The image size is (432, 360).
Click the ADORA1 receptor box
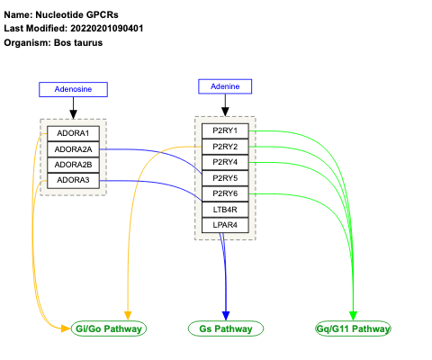click(x=72, y=133)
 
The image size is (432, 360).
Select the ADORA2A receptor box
click(x=72, y=148)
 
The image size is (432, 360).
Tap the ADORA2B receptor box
click(x=72, y=164)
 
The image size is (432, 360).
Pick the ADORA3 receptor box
click(x=72, y=180)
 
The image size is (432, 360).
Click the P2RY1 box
click(x=224, y=131)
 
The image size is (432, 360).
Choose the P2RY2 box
click(x=224, y=147)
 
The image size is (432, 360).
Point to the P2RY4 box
click(x=224, y=162)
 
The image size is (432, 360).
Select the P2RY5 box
click(x=224, y=178)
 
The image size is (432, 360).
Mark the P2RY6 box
click(x=224, y=193)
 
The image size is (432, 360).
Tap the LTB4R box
click(x=224, y=209)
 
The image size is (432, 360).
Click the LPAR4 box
click(x=224, y=224)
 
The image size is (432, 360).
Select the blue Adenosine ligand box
click(x=73, y=89)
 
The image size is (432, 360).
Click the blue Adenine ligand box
click(x=225, y=85)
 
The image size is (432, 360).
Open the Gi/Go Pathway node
click(x=110, y=329)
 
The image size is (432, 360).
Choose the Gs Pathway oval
click(x=225, y=329)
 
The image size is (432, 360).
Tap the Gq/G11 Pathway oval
click(x=354, y=329)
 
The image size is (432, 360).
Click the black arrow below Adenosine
click(x=73, y=107)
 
